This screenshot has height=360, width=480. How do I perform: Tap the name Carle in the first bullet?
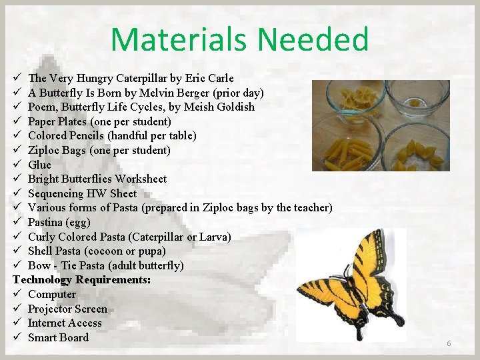pyautogui.click(x=220, y=79)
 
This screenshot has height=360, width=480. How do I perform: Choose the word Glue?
pyautogui.click(x=39, y=165)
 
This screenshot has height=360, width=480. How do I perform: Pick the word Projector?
pyautogui.click(x=50, y=309)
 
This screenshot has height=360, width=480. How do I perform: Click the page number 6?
pyautogui.click(x=449, y=343)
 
